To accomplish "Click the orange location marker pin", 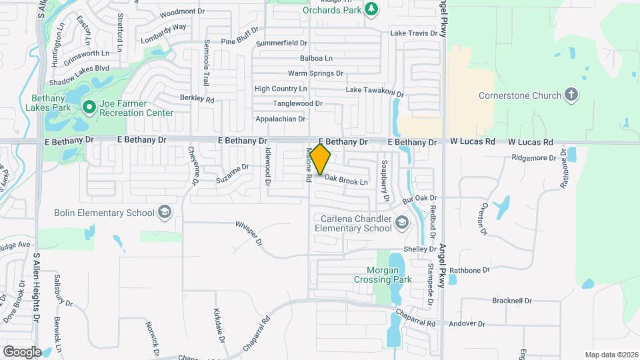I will [321, 159].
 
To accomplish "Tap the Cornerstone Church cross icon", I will [571, 95].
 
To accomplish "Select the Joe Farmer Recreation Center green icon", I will [89, 107].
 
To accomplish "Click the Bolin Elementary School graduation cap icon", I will [163, 213].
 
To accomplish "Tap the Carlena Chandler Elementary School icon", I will [401, 223].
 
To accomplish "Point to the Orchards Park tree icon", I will [371, 9].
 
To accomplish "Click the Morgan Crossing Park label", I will [392, 275].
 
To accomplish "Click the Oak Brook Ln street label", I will [346, 181].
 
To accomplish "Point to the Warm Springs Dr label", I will [315, 73].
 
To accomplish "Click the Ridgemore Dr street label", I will [533, 158].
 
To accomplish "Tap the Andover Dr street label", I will [467, 324].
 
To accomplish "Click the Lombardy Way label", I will [163, 32].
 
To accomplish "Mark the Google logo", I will [21, 351].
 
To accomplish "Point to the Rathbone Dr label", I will [469, 270].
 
